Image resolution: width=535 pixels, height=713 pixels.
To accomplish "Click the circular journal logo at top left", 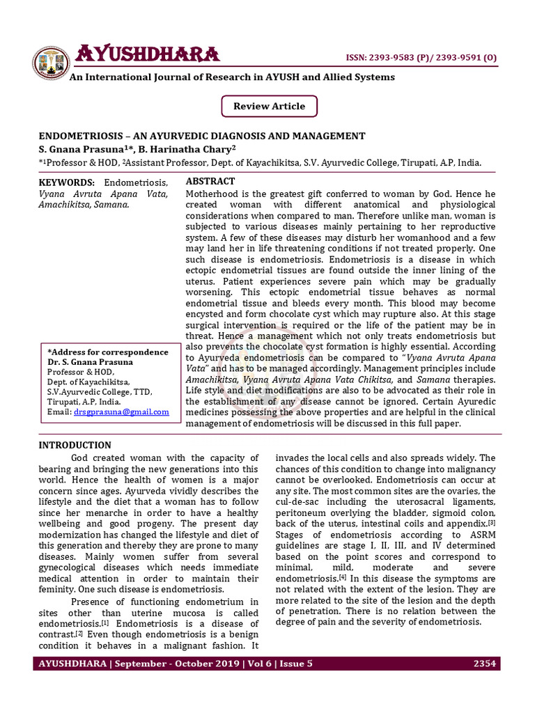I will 50,62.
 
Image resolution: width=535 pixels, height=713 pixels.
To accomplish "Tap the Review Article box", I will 269,107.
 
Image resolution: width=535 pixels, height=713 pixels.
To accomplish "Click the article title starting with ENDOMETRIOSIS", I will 201,136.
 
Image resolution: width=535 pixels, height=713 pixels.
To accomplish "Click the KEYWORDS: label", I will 66,182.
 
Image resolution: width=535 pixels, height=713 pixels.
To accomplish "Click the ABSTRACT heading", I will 210,181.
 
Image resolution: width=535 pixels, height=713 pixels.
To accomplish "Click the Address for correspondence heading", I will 107,352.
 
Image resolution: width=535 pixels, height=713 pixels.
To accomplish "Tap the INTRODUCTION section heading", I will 75,445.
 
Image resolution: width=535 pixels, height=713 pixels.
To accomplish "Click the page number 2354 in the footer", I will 484,664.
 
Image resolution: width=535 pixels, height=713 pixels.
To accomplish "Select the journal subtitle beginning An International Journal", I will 231,77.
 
